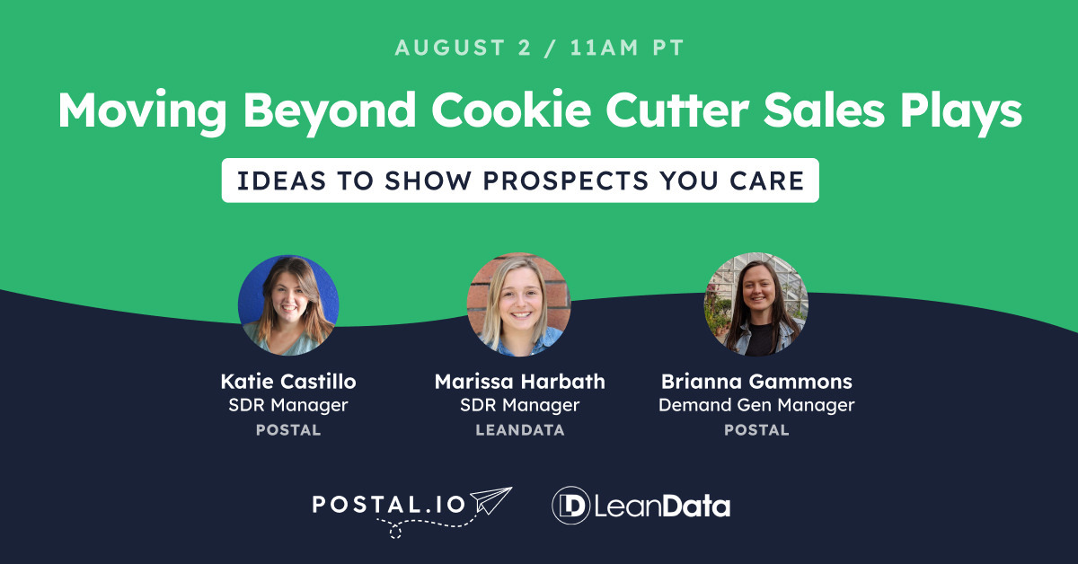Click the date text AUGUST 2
[463, 48]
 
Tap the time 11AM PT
[627, 48]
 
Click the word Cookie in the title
[511, 110]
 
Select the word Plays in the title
[960, 112]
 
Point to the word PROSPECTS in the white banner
[566, 181]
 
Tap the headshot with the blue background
[288, 305]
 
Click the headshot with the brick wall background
[519, 304]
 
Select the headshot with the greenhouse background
[756, 304]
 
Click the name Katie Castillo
[288, 382]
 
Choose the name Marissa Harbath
[520, 382]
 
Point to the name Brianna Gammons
[756, 382]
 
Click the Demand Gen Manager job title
[756, 405]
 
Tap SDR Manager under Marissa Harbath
[520, 405]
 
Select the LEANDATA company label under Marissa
[520, 430]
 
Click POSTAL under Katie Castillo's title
[288, 430]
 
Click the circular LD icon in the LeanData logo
[570, 506]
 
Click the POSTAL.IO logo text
[389, 505]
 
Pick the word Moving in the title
[143, 112]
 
